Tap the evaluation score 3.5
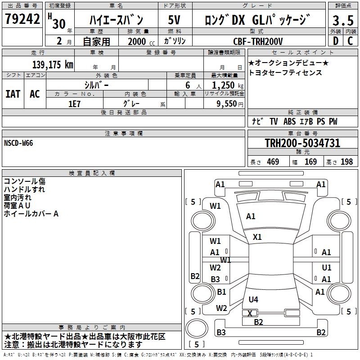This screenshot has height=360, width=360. [x=342, y=21]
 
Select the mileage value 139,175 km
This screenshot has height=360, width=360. [x=53, y=65]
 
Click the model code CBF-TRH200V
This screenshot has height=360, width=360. [x=258, y=41]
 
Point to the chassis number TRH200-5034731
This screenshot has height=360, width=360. [x=302, y=143]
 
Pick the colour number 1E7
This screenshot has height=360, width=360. [x=74, y=103]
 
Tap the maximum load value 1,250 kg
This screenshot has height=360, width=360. [x=225, y=85]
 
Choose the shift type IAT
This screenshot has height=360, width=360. [x=13, y=94]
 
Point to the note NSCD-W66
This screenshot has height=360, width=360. [x=18, y=143]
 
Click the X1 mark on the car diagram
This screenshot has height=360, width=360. [x=257, y=237]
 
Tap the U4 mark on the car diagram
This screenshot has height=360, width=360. [x=253, y=299]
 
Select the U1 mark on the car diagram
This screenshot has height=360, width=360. [x=326, y=267]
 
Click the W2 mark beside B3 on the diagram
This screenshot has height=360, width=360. [x=215, y=267]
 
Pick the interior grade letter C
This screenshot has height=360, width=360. [x=350, y=41]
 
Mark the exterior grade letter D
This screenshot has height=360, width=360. [x=335, y=41]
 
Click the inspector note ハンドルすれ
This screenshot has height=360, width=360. [x=24, y=189]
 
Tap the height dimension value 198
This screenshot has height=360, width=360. [x=346, y=162]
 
